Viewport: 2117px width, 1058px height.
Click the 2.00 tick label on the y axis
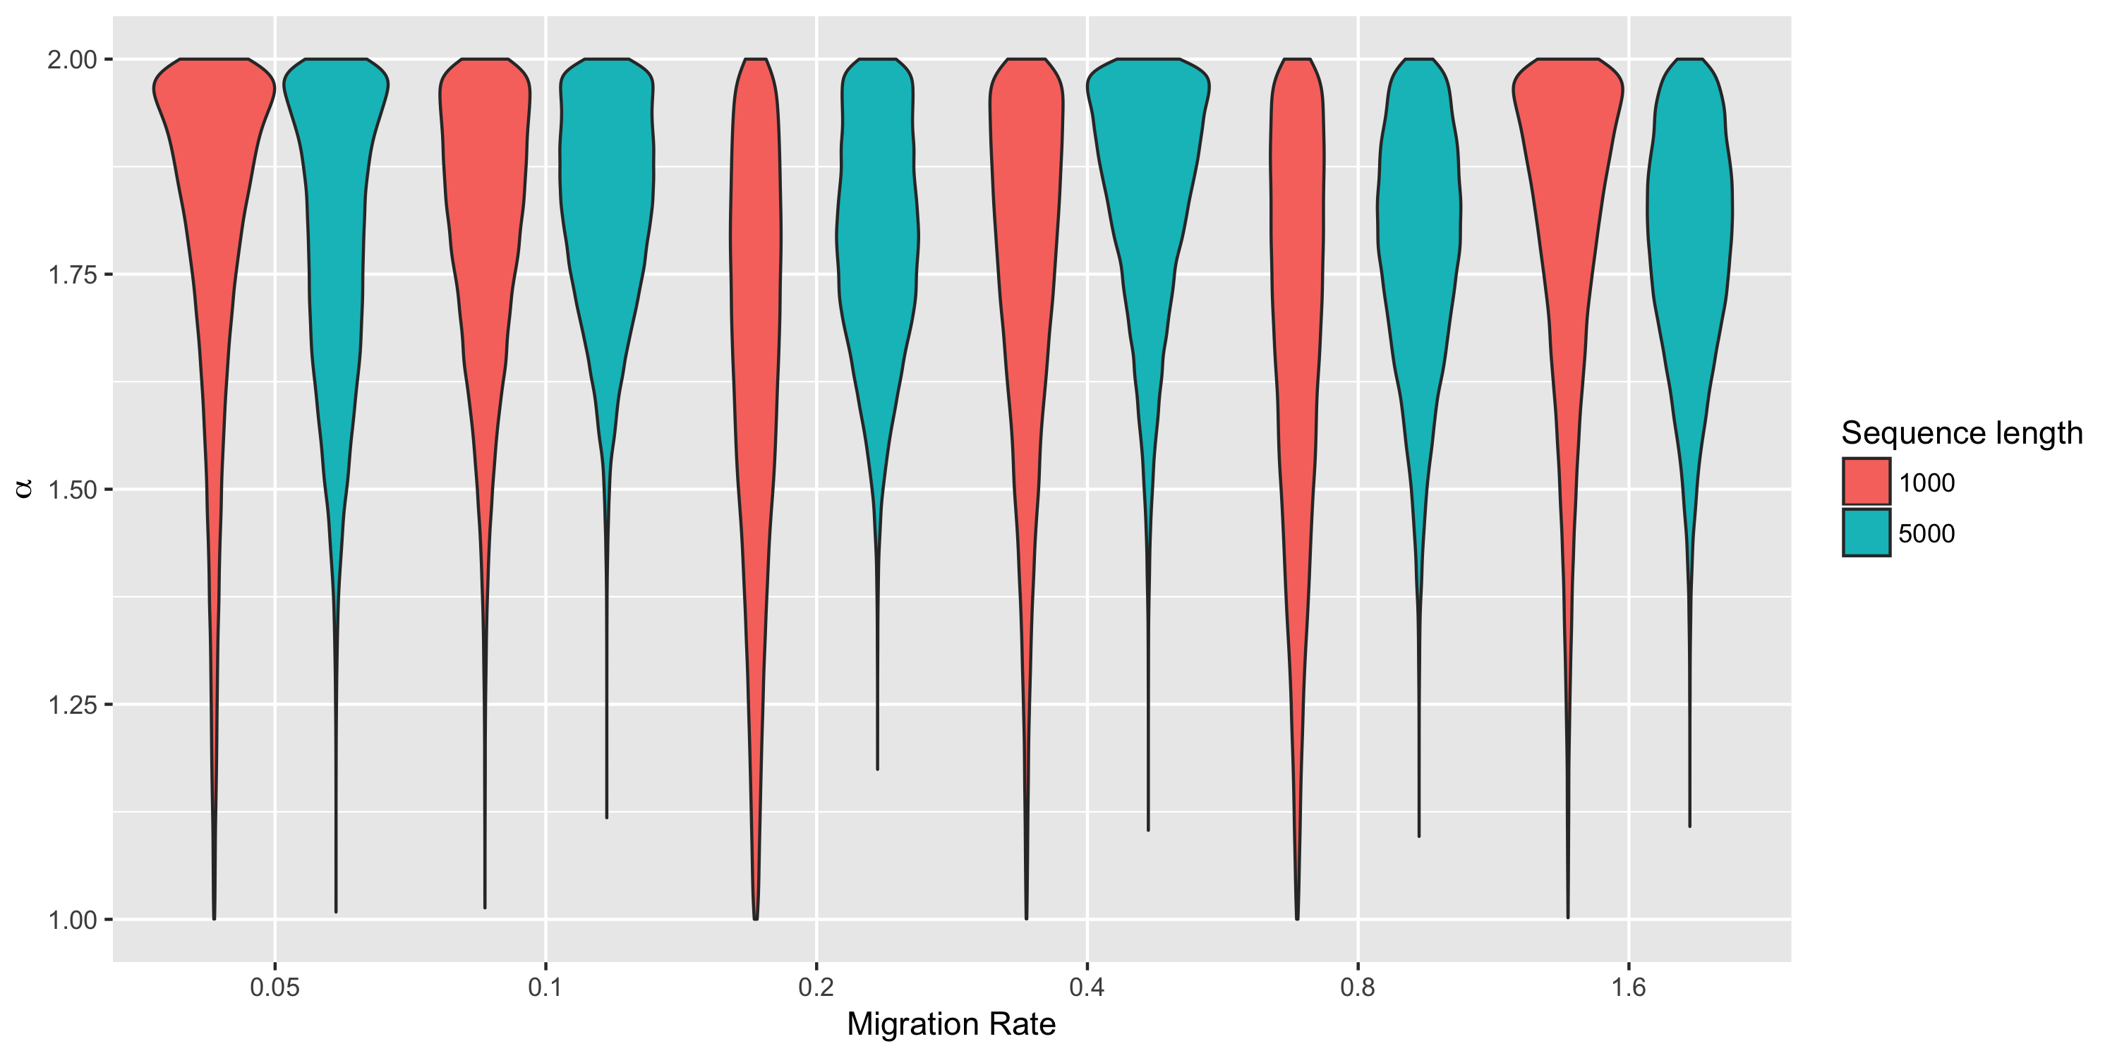click(72, 60)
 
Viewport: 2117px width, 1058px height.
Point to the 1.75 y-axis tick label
click(72, 274)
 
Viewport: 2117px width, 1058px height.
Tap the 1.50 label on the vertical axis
click(72, 490)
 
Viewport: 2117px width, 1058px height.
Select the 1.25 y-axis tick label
click(72, 705)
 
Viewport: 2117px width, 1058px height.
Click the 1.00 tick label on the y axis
click(72, 920)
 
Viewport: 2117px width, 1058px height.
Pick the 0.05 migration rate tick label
click(275, 987)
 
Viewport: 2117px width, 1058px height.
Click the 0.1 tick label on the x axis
click(545, 987)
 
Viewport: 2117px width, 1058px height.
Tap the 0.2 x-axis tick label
click(816, 987)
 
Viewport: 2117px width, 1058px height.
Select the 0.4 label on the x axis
click(1087, 987)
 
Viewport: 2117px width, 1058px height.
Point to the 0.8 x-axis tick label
click(1358, 987)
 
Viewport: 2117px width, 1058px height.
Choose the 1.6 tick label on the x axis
click(1628, 987)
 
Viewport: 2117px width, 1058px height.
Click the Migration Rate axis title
click(951, 1024)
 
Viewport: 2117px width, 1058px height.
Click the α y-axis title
click(25, 489)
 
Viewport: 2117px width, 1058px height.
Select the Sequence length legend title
click(1962, 433)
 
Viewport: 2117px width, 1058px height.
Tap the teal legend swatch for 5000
click(1866, 533)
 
